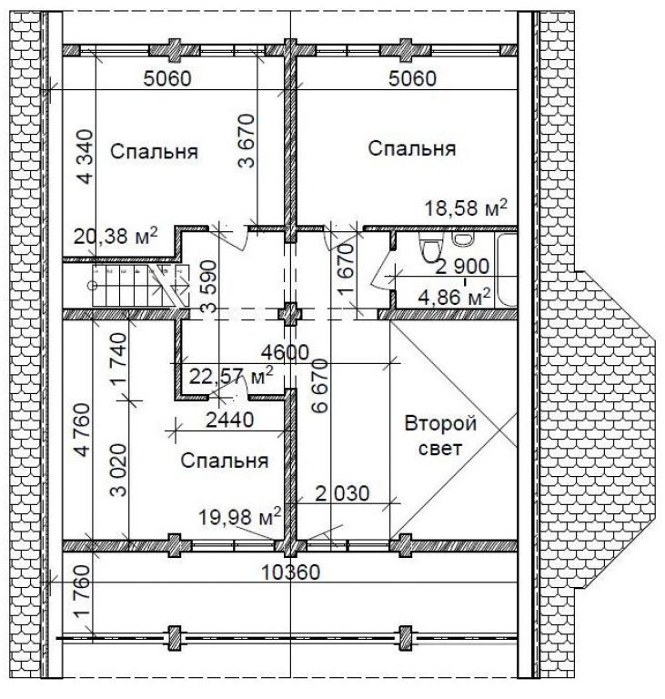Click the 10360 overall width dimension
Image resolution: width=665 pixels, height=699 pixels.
290,572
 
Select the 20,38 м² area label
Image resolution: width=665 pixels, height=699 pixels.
116,236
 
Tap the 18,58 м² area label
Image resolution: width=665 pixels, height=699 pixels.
466,208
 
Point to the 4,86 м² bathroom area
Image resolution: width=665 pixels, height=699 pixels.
454,297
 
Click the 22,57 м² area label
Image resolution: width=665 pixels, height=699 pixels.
231,377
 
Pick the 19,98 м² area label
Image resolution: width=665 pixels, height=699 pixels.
240,517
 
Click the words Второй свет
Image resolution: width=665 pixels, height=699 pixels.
440,435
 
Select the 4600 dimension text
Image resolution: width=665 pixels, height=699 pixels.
285,352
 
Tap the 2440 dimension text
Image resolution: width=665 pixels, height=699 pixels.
230,420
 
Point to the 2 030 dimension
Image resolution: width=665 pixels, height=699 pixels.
342,493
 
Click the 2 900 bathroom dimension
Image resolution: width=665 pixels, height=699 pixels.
462,267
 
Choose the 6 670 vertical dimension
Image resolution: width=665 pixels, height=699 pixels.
320,386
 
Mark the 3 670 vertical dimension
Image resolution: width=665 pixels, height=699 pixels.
247,141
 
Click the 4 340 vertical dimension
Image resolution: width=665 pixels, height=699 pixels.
86,157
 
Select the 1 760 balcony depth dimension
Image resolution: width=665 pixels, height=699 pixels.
83,591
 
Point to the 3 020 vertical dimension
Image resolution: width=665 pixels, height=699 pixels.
119,470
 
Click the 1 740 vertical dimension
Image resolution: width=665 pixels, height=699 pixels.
119,360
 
